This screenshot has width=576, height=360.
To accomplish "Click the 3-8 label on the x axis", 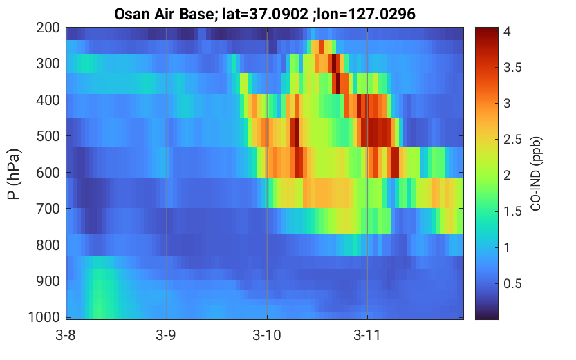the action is coord(66,335).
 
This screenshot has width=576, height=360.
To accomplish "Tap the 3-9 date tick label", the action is coord(166,335).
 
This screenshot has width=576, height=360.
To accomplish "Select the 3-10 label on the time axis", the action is coord(267,335).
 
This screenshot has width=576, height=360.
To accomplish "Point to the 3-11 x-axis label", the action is coord(367,335).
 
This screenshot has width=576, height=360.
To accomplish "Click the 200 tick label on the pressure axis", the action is coord(48,28).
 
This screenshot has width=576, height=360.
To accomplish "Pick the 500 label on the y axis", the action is coord(48,136).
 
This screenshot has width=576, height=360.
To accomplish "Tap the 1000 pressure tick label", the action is coord(44,317).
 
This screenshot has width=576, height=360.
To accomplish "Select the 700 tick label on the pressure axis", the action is coord(48,209).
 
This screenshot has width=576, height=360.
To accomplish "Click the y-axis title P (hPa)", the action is coord(14,174).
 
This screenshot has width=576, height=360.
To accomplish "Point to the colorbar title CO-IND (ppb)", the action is coord(536,173).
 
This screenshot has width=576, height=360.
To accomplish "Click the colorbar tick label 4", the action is coord(508,32).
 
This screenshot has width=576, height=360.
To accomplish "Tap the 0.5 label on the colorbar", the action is coord(512,284).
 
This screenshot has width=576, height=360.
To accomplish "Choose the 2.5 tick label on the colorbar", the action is coord(512,140).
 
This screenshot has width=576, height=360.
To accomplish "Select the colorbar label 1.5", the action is coord(512,211).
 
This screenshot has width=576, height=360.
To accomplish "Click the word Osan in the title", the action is coord(131,15).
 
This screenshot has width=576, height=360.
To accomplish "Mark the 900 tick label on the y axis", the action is coord(48,281).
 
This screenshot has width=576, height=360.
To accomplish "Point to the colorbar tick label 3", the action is coord(508,104).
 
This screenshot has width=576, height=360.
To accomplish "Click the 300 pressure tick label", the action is coord(48,64).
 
